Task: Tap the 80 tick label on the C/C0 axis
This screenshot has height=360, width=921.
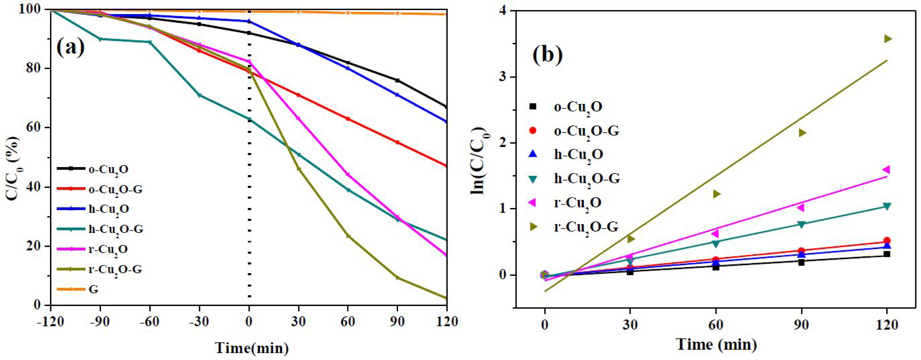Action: [x=35, y=69]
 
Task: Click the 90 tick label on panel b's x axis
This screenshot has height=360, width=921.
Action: [x=801, y=325]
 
